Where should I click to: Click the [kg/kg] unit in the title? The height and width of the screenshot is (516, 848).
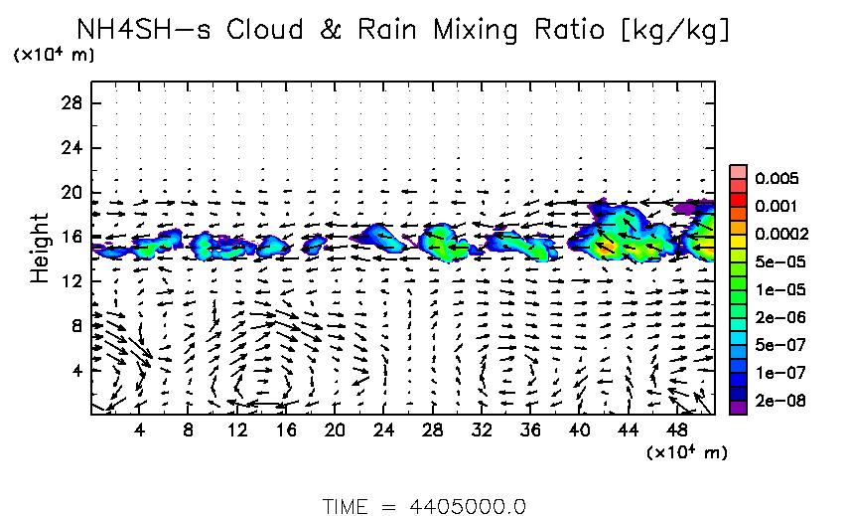[674, 31]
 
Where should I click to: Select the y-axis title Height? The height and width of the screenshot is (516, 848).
[39, 248]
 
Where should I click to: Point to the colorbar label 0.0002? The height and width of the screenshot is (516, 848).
[778, 235]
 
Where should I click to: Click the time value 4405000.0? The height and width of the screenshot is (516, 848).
[468, 506]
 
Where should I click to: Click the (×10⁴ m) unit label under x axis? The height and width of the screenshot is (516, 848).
[686, 453]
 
